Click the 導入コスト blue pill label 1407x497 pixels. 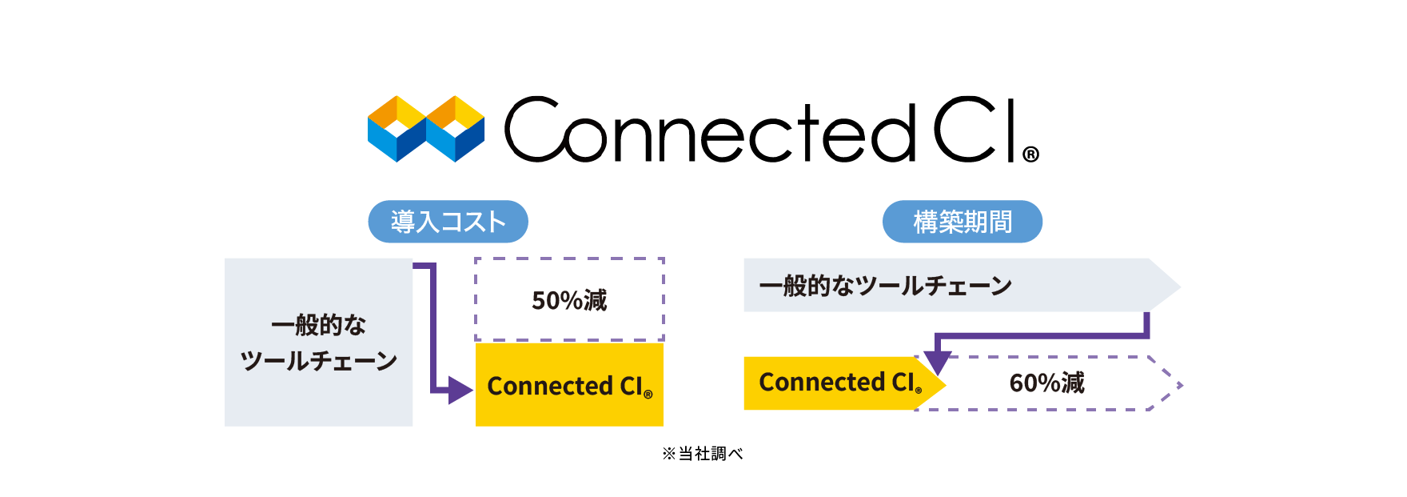pyautogui.click(x=448, y=222)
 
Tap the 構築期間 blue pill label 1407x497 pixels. pyautogui.click(x=963, y=222)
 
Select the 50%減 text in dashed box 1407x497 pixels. pyautogui.click(x=569, y=300)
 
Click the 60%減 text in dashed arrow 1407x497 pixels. pyautogui.click(x=1046, y=383)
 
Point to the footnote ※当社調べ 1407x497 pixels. pyautogui.click(x=703, y=454)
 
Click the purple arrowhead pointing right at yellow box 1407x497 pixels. pyautogui.click(x=460, y=391)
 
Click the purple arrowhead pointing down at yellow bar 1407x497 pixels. pyautogui.click(x=937, y=362)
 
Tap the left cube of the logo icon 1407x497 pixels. pyautogui.click(x=397, y=130)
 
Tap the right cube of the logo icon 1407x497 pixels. pyautogui.click(x=456, y=130)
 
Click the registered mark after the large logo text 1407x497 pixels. pyautogui.click(x=1030, y=154)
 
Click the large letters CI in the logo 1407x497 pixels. pyautogui.click(x=975, y=130)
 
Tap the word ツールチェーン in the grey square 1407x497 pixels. pyautogui.click(x=318, y=361)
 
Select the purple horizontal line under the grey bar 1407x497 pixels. pyautogui.click(x=1039, y=335)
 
